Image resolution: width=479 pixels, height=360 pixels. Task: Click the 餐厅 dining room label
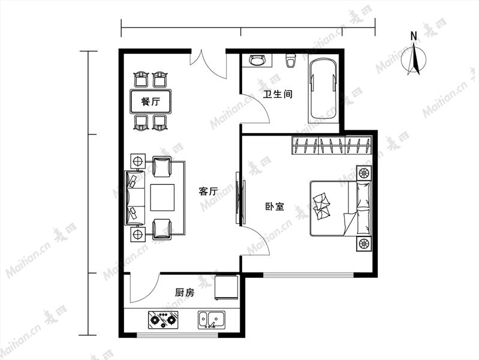click(150, 101)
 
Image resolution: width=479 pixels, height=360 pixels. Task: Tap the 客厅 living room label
click(208, 191)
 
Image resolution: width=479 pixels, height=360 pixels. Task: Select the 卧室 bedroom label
click(275, 206)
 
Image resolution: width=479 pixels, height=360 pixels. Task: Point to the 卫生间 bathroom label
click(278, 94)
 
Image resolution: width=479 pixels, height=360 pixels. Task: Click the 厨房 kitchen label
click(185, 293)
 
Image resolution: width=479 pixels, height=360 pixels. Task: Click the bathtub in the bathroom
click(324, 89)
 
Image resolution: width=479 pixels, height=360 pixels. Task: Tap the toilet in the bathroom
click(291, 60)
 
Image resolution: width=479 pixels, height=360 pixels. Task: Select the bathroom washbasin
click(257, 60)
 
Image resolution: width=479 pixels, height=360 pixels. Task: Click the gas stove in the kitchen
click(163, 320)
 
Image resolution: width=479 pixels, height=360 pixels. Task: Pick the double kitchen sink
click(212, 320)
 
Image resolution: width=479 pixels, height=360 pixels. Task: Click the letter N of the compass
click(414, 36)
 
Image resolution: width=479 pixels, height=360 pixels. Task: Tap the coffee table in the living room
click(162, 197)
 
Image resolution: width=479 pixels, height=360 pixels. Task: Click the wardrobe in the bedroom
click(332, 145)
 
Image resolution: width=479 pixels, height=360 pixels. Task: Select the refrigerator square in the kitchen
click(227, 287)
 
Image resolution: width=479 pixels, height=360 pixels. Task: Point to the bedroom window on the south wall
click(309, 275)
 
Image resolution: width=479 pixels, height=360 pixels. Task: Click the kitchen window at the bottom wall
click(177, 335)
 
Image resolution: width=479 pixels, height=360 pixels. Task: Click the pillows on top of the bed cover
click(321, 206)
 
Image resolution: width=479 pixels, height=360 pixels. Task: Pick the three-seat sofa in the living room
click(135, 197)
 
